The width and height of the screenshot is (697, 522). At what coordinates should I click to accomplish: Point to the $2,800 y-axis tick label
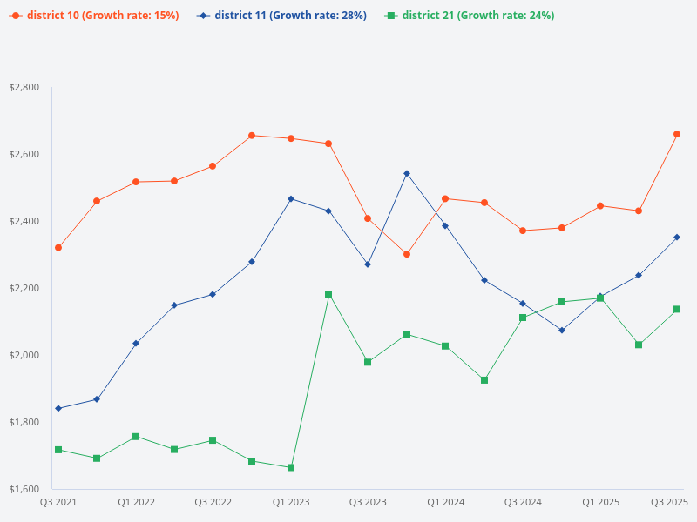(24, 88)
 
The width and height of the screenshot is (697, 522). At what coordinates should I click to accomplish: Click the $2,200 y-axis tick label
(24, 288)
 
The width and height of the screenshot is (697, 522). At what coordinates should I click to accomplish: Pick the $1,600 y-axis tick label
(24, 489)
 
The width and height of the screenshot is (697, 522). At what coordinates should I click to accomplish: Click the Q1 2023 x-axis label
(290, 502)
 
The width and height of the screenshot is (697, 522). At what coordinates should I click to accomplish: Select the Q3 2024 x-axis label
(523, 502)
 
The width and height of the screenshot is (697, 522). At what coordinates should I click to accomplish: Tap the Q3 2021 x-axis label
(58, 502)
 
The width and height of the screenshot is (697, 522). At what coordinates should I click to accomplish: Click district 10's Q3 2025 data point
(677, 134)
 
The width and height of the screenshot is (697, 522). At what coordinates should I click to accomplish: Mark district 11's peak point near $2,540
(407, 173)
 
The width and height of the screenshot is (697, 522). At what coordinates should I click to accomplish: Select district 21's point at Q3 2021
(58, 450)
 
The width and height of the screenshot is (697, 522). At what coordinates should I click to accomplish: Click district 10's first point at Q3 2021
(58, 248)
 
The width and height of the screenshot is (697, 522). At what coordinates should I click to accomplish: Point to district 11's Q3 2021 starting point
(58, 408)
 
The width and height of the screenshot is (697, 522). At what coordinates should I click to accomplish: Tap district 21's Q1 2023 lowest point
(290, 468)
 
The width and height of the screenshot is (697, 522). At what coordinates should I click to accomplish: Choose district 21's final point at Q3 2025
(677, 309)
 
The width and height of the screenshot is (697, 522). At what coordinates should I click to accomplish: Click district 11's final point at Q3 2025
(677, 237)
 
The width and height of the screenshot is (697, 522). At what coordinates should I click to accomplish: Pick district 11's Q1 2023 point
(290, 199)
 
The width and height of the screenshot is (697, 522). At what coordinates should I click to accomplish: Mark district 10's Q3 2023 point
(368, 218)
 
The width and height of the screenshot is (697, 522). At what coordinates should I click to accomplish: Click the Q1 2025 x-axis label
(600, 502)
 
